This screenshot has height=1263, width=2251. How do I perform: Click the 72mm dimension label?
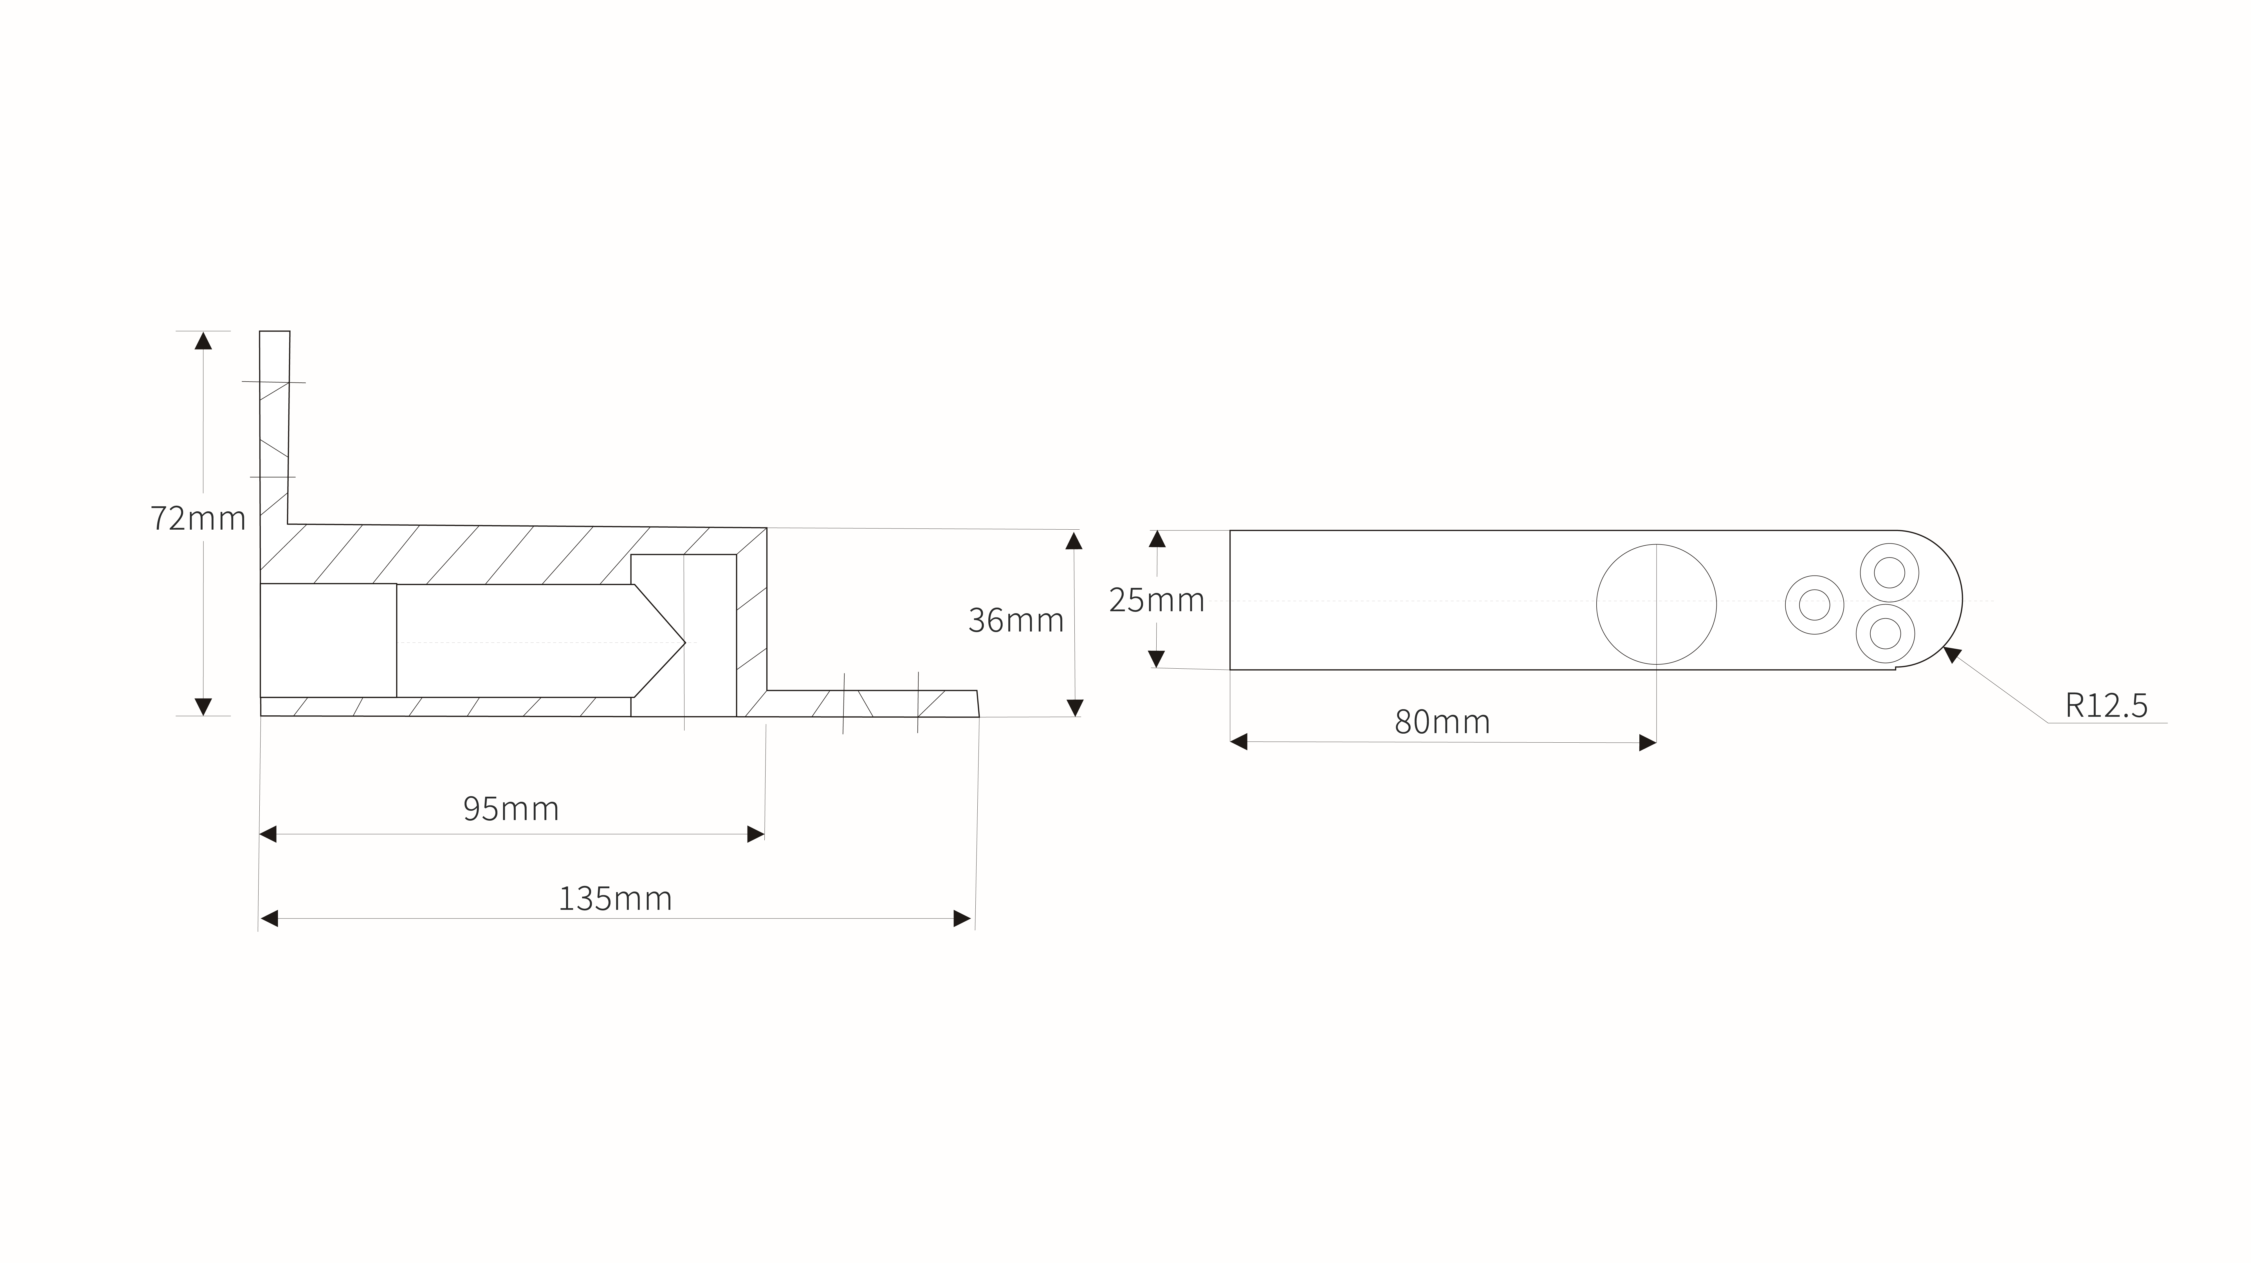pos(198,518)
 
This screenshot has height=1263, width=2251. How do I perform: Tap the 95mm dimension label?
pos(511,809)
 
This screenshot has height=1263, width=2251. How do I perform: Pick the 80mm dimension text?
pos(1443,722)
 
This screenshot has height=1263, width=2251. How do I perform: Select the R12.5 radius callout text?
pos(2106,705)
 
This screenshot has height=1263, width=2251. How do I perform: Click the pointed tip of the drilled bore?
pos(686,642)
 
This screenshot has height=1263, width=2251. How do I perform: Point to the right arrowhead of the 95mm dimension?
pos(756,834)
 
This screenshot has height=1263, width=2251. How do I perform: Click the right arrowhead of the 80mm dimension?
pos(1647,743)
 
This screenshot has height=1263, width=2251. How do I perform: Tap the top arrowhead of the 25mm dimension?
pos(1158,538)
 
